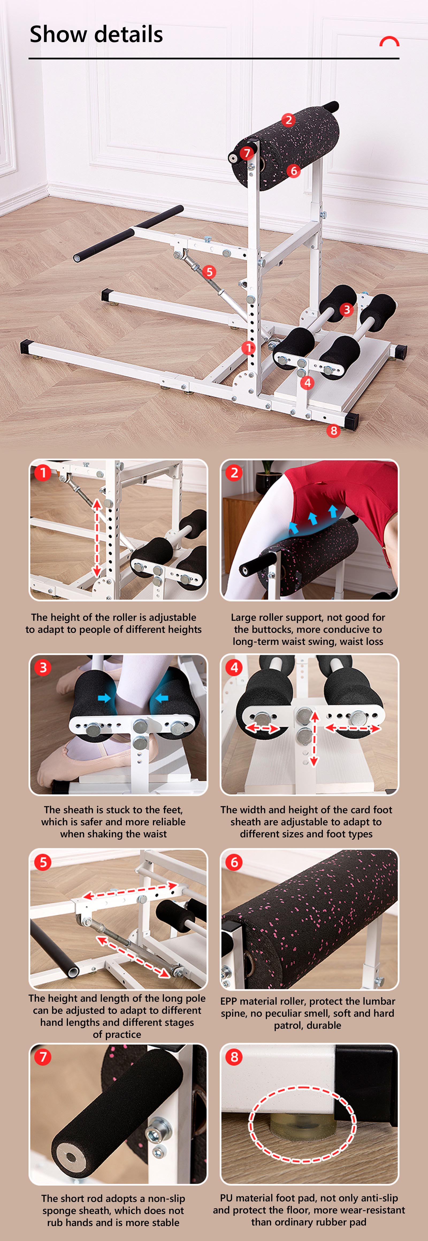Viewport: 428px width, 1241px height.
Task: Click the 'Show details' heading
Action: [x=96, y=34]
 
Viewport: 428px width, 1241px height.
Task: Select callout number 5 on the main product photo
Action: [x=209, y=272]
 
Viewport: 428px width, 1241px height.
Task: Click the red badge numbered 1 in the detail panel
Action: [x=43, y=472]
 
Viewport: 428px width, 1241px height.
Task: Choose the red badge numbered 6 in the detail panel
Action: [x=234, y=862]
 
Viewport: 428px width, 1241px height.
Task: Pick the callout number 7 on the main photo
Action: [x=247, y=153]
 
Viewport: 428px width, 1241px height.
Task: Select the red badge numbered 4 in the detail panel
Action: [x=234, y=667]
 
